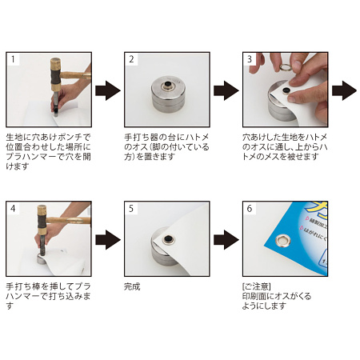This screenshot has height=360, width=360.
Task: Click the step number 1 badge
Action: click(11, 60)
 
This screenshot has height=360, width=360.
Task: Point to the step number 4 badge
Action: click(11, 208)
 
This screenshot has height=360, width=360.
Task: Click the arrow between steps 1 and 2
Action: click(106, 89)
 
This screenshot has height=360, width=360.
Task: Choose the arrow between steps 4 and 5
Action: click(106, 238)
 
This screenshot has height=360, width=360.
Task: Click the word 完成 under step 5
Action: click(133, 285)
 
